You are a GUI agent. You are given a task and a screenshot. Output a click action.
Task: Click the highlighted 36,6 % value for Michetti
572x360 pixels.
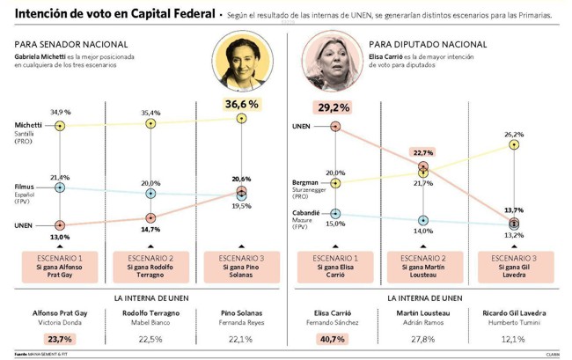pos(241,105)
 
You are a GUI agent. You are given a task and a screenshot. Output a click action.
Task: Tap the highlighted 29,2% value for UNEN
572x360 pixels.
pos(334,107)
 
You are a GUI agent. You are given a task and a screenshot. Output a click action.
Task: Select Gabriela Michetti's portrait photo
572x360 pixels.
pos(241,64)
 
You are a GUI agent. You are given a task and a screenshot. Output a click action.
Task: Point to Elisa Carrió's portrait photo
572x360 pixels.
pos(335,64)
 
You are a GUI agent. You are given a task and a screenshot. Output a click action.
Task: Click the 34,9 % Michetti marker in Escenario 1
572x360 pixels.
pos(61,126)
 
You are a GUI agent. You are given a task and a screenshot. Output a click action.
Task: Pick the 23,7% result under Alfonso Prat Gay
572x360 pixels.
pos(60,339)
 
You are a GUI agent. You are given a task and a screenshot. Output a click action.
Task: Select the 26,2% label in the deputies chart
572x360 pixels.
pos(515,135)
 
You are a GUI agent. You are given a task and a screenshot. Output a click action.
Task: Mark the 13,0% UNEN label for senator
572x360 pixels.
pos(60,238)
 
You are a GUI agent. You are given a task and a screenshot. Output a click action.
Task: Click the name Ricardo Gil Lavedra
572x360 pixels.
pos(515,313)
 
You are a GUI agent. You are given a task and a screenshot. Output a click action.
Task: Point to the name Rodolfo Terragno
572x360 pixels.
pos(150,313)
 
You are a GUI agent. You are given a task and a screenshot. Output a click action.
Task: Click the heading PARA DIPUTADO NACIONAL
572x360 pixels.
pos(416,44)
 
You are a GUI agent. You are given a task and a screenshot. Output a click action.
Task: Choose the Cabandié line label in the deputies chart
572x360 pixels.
pos(306,213)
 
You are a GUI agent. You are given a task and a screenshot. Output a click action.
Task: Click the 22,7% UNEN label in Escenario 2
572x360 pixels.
pos(423,151)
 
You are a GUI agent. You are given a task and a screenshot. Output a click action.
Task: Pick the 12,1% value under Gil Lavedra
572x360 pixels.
pos(515,339)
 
